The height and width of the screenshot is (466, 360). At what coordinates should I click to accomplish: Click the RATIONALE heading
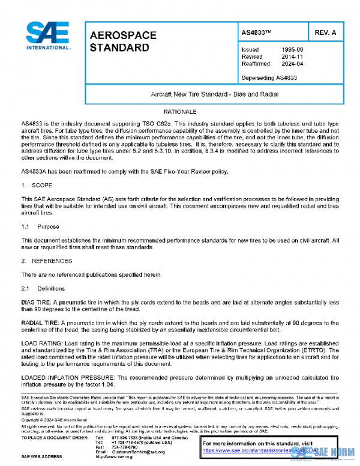(x=181, y=112)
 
